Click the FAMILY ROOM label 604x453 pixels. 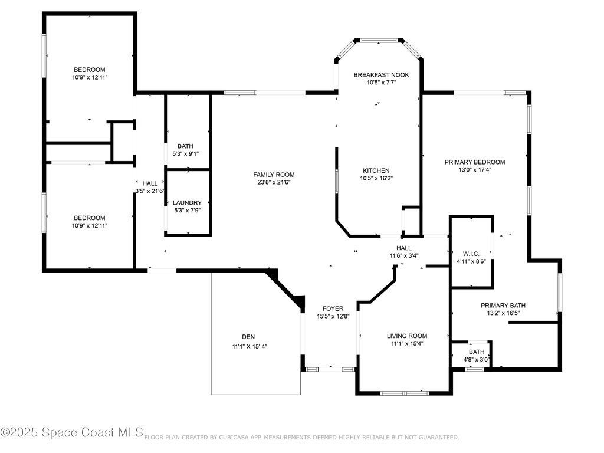[274, 175]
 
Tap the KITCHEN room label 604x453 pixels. [376, 170]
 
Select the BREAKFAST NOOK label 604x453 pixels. [382, 75]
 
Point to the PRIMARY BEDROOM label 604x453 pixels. [475, 162]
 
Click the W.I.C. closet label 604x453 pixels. [471, 254]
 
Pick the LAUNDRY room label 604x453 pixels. [187, 203]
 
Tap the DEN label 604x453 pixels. [248, 337]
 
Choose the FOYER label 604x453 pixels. [333, 308]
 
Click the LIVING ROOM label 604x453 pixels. [407, 336]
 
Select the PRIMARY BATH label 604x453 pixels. [503, 306]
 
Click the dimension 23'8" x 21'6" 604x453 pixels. [274, 182]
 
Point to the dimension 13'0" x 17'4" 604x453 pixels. [475, 170]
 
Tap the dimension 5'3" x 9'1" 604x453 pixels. [186, 154]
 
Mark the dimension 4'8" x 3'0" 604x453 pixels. [477, 360]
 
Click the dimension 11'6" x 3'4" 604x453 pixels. [404, 255]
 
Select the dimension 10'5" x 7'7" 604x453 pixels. [382, 83]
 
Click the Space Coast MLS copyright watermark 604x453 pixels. [72, 432]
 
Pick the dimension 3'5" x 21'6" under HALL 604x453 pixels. [150, 191]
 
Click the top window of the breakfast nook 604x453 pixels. [379, 40]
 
